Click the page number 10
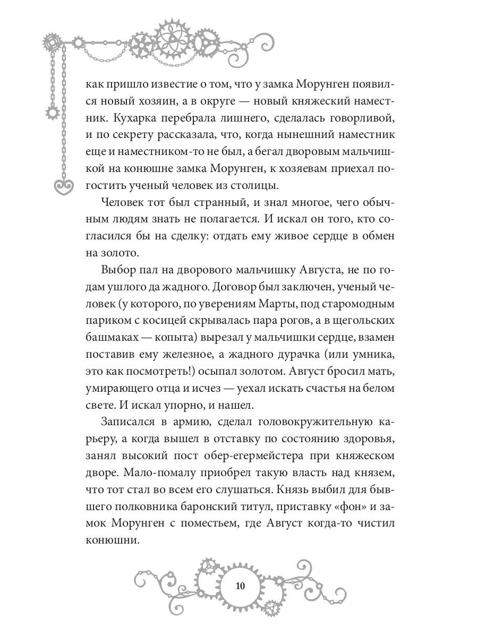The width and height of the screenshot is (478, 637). [x=239, y=586]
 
